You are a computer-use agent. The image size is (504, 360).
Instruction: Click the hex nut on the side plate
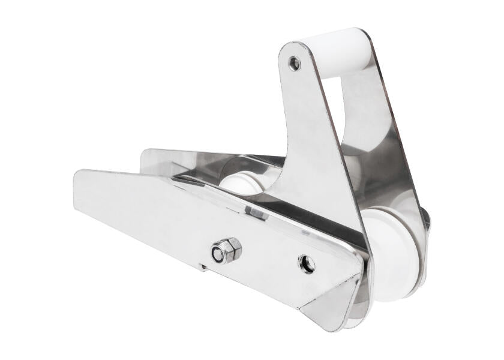pos(226,250)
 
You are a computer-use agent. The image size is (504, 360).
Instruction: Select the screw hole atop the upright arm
pos(294,62)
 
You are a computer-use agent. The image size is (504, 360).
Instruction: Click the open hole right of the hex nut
pos(307,263)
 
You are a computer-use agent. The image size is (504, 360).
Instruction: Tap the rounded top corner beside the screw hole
pos(285,51)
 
